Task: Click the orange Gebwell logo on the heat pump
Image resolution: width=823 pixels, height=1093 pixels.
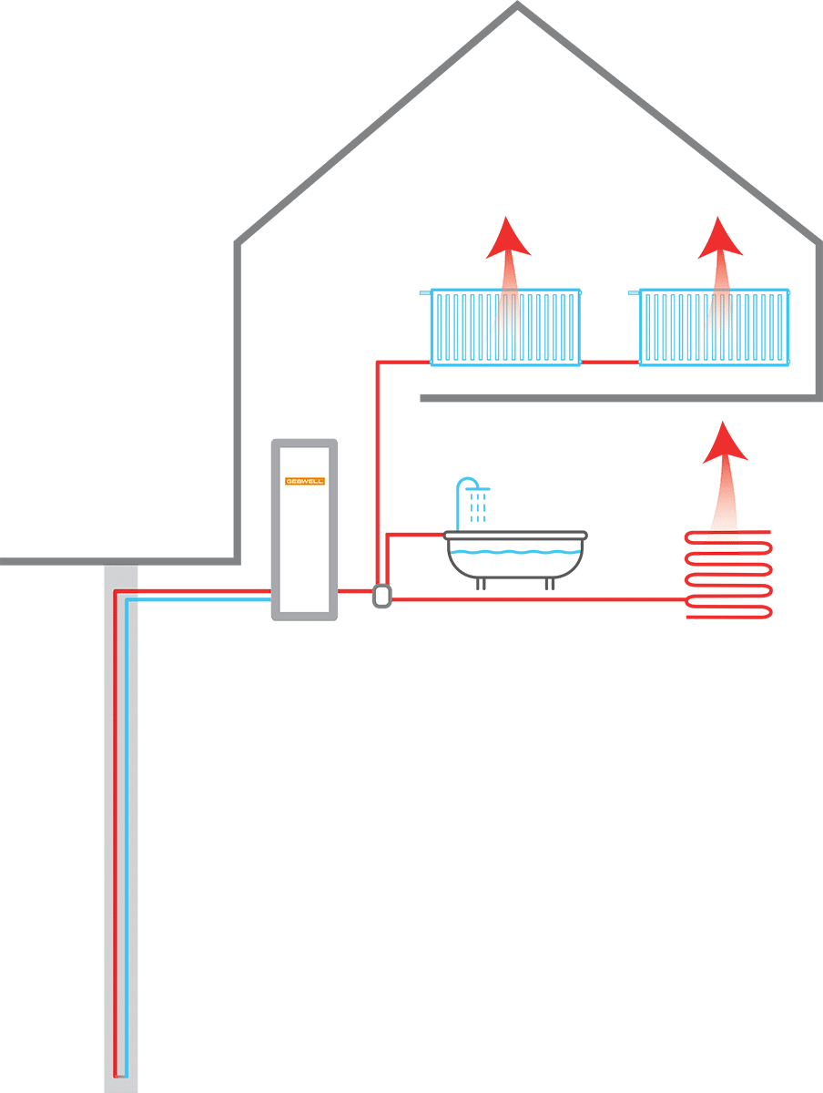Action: coord(304,480)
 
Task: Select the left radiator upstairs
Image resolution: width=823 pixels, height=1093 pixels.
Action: coord(505,328)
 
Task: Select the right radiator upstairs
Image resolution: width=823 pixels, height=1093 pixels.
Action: coord(715,328)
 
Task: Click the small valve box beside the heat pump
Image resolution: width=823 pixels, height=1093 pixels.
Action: coord(381,596)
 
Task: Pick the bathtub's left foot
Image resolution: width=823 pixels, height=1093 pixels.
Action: coord(480,584)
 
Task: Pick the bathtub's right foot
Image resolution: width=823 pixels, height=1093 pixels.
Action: coord(549,584)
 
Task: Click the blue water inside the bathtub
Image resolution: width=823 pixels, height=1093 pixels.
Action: coord(514,553)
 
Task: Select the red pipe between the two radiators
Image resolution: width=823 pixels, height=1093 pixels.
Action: coord(610,363)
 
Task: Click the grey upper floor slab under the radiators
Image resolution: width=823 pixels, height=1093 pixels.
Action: coord(619,398)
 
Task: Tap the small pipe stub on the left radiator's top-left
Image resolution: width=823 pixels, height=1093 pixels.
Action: coord(424,293)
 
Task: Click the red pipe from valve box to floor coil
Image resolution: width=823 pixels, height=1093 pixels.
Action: coord(537,599)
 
